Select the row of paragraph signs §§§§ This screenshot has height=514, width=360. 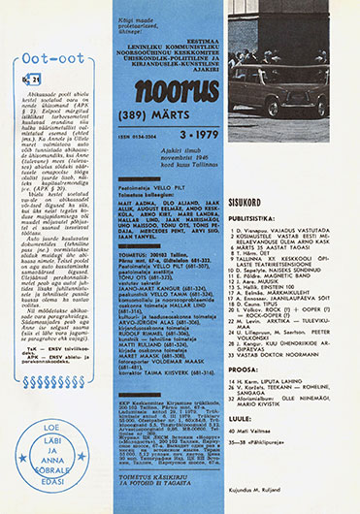click(57, 313)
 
